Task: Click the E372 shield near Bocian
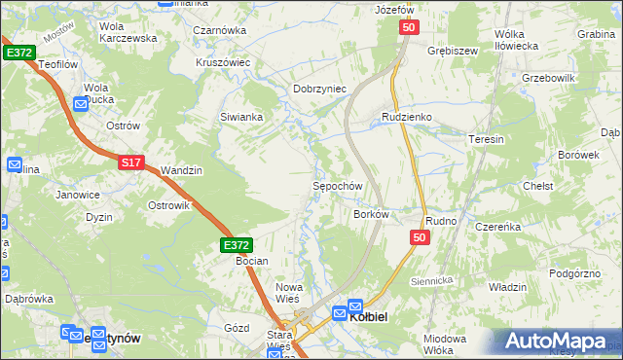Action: tap(237, 246)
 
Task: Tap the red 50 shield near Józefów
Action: tap(408, 30)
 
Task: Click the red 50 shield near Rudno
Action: tap(420, 237)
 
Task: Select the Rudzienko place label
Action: tap(406, 117)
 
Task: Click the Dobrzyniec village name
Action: tap(320, 89)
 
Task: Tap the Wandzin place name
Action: tap(182, 170)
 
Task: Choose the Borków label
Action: tap(372, 213)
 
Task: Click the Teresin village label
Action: tap(487, 139)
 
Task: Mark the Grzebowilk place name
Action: tap(550, 77)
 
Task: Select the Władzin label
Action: tap(507, 287)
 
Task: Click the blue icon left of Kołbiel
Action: tap(340, 313)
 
